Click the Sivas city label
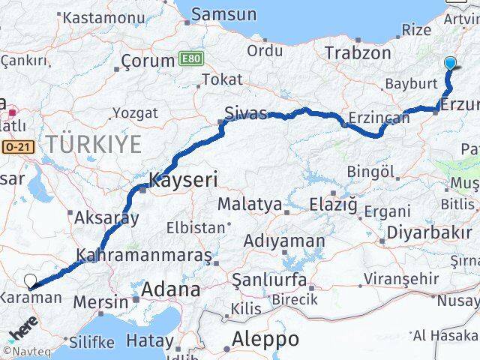click(x=246, y=113)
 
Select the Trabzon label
click(x=358, y=53)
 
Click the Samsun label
click(x=223, y=14)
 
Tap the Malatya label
click(x=250, y=204)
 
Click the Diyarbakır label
click(x=430, y=232)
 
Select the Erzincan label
click(x=379, y=117)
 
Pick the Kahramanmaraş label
click(x=144, y=255)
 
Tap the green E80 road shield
click(x=191, y=58)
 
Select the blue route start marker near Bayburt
click(x=450, y=64)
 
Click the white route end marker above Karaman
click(x=31, y=281)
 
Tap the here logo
click(x=22, y=331)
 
